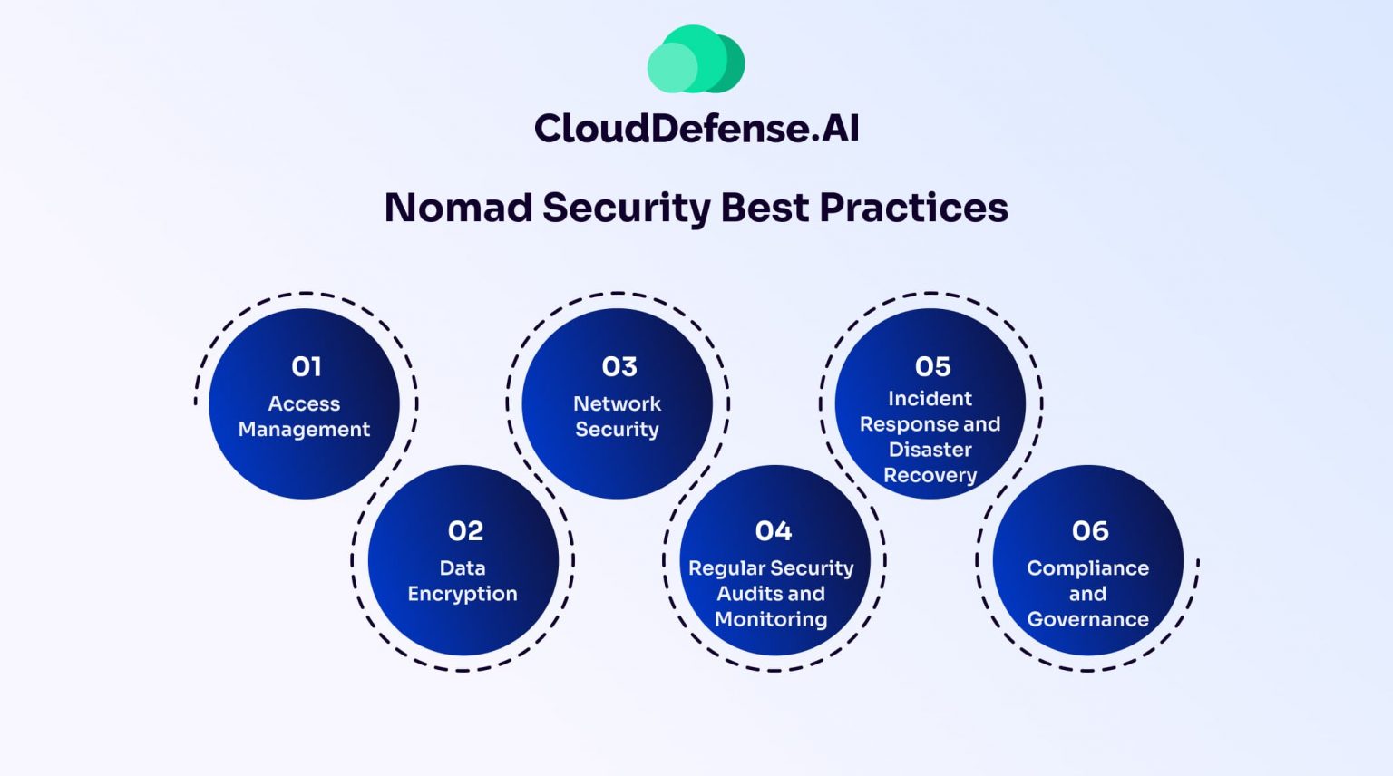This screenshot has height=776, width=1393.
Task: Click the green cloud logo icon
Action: [696, 60]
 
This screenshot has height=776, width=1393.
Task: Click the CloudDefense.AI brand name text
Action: [696, 128]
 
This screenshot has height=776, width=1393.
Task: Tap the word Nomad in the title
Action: [458, 208]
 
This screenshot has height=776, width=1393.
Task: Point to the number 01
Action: [307, 366]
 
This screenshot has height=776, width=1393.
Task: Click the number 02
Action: [465, 530]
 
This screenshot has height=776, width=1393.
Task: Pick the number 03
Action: [619, 366]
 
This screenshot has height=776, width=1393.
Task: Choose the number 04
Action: [773, 530]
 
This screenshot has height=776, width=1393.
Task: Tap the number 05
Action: [932, 366]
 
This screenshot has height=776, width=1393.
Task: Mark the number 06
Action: [1089, 530]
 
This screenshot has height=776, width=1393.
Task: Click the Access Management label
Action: [304, 416]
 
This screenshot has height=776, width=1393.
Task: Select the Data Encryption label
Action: [463, 580]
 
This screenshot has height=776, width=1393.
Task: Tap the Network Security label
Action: [617, 416]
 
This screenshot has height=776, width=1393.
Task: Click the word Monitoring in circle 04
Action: [771, 619]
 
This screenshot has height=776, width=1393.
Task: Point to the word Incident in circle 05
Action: [930, 398]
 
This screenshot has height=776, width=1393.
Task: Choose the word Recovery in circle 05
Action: [930, 475]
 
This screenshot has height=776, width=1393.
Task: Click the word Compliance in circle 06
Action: [1087, 568]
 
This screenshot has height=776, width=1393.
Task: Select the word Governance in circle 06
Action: [1087, 619]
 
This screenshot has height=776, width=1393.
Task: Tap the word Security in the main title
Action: [626, 208]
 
